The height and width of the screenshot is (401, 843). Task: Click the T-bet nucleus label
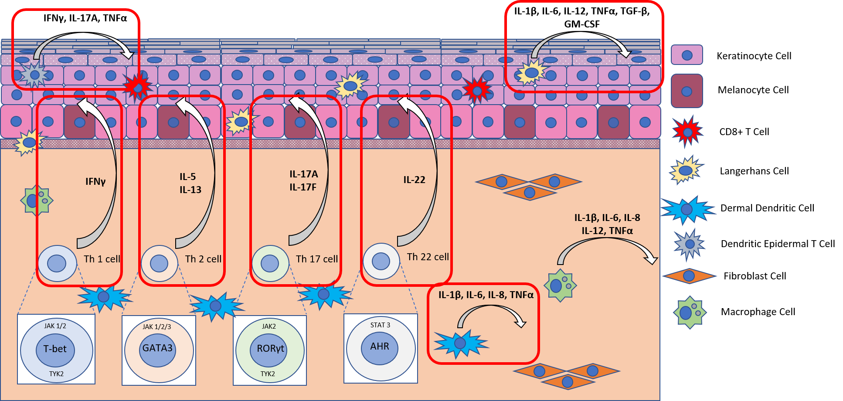(55, 349)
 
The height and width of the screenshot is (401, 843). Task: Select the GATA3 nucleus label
(157, 348)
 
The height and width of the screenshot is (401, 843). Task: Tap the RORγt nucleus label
(270, 348)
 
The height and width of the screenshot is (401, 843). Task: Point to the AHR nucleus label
(380, 347)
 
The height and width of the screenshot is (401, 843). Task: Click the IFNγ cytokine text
(95, 181)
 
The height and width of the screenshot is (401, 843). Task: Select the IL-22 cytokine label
(414, 180)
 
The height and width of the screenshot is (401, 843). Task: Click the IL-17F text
(303, 187)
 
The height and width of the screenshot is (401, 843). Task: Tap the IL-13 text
(190, 190)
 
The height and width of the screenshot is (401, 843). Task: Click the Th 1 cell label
(102, 259)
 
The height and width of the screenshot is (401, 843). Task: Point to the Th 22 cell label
(428, 257)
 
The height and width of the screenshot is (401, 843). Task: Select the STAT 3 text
(380, 325)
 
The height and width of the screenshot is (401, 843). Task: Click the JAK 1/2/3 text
(157, 326)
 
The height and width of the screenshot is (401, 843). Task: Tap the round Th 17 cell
(270, 263)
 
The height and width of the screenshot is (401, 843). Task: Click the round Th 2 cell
(159, 263)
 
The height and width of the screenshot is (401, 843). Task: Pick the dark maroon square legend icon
(687, 91)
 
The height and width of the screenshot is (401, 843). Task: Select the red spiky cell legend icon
(687, 131)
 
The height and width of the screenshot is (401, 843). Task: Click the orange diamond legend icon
(689, 275)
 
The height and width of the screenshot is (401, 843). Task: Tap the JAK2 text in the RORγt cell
(269, 326)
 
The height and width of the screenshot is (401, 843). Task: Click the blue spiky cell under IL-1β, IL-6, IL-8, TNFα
(460, 343)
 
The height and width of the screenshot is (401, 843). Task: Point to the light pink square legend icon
(687, 55)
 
